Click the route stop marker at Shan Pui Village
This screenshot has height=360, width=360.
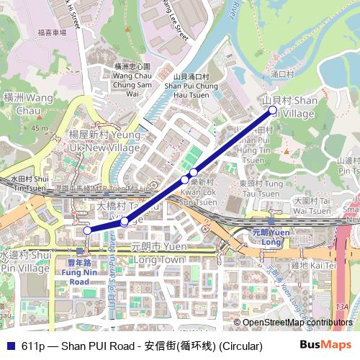pos(272,109)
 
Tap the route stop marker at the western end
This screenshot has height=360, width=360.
pos(87,230)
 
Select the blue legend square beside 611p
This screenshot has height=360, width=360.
pos(10,346)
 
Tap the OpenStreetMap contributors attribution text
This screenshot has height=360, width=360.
pos(297,323)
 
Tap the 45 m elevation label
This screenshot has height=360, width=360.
pos(40,128)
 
